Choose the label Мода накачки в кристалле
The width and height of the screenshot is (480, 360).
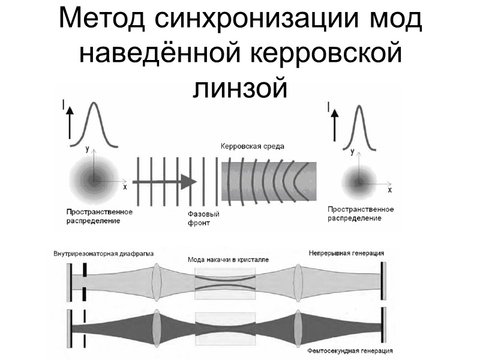click(x=227, y=260)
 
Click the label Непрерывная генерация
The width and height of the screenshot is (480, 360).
click(x=347, y=253)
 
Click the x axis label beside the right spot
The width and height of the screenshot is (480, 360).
click(x=389, y=190)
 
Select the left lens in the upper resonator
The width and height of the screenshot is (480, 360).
click(x=158, y=282)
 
